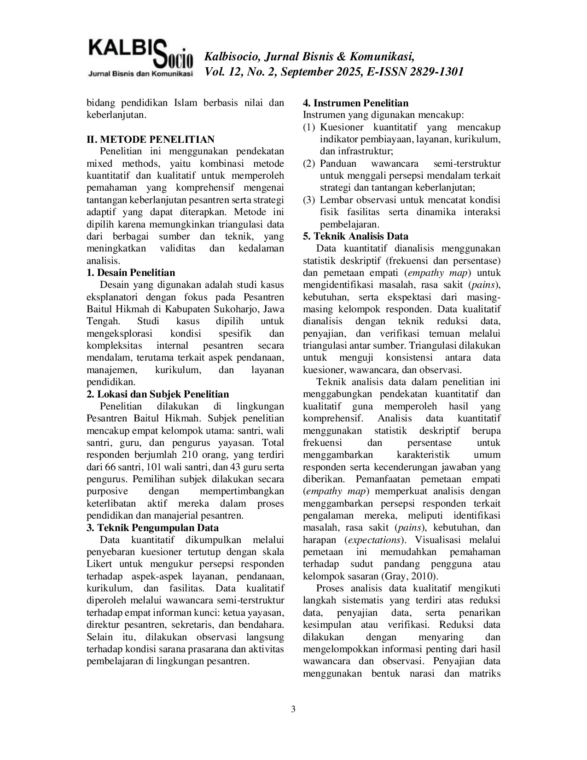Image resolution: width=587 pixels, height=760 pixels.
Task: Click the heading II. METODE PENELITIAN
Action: pyautogui.click(x=151, y=140)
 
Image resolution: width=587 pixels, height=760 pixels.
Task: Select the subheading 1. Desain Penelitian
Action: pyautogui.click(x=131, y=273)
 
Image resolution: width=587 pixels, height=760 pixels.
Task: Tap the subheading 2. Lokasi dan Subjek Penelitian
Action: pyautogui.click(x=157, y=394)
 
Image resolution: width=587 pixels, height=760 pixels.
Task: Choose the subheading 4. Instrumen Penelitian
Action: pyautogui.click(x=355, y=103)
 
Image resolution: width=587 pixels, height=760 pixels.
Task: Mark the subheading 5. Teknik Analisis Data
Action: pyautogui.click(x=355, y=236)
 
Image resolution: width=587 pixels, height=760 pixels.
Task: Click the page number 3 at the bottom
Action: pyautogui.click(x=293, y=709)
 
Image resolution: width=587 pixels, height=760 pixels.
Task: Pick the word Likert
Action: pyautogui.click(x=100, y=564)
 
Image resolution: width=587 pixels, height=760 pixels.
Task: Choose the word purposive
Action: pyautogui.click(x=107, y=491)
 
